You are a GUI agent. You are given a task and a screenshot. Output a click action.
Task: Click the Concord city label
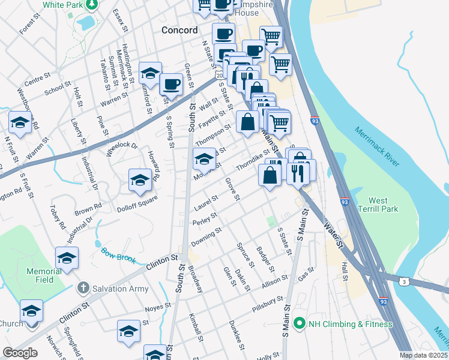[x=179, y=30]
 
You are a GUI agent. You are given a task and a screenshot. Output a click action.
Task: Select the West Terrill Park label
[x=378, y=205]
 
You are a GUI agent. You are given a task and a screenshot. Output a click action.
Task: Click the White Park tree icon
[x=91, y=5]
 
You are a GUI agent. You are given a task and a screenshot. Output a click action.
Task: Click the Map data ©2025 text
[x=423, y=355]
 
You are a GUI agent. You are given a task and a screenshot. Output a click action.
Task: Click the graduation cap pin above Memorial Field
[x=67, y=257]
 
